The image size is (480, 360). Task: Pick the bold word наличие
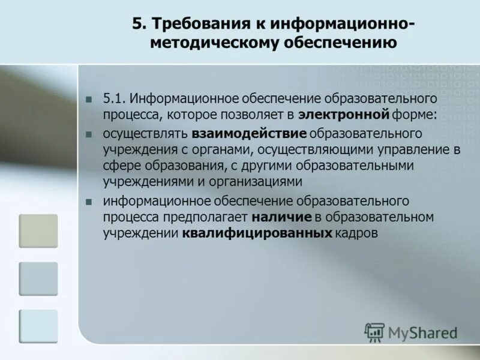pos(282,216)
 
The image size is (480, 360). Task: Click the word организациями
pos(262,181)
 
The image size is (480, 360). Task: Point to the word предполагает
pos(214,216)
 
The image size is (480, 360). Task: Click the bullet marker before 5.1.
pos(89,99)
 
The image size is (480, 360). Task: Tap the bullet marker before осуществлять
pos(89,133)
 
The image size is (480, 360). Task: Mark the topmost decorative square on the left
pos(38,231)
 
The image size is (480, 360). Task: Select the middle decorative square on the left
pos(38,278)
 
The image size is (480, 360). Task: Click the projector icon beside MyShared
pos(374,332)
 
